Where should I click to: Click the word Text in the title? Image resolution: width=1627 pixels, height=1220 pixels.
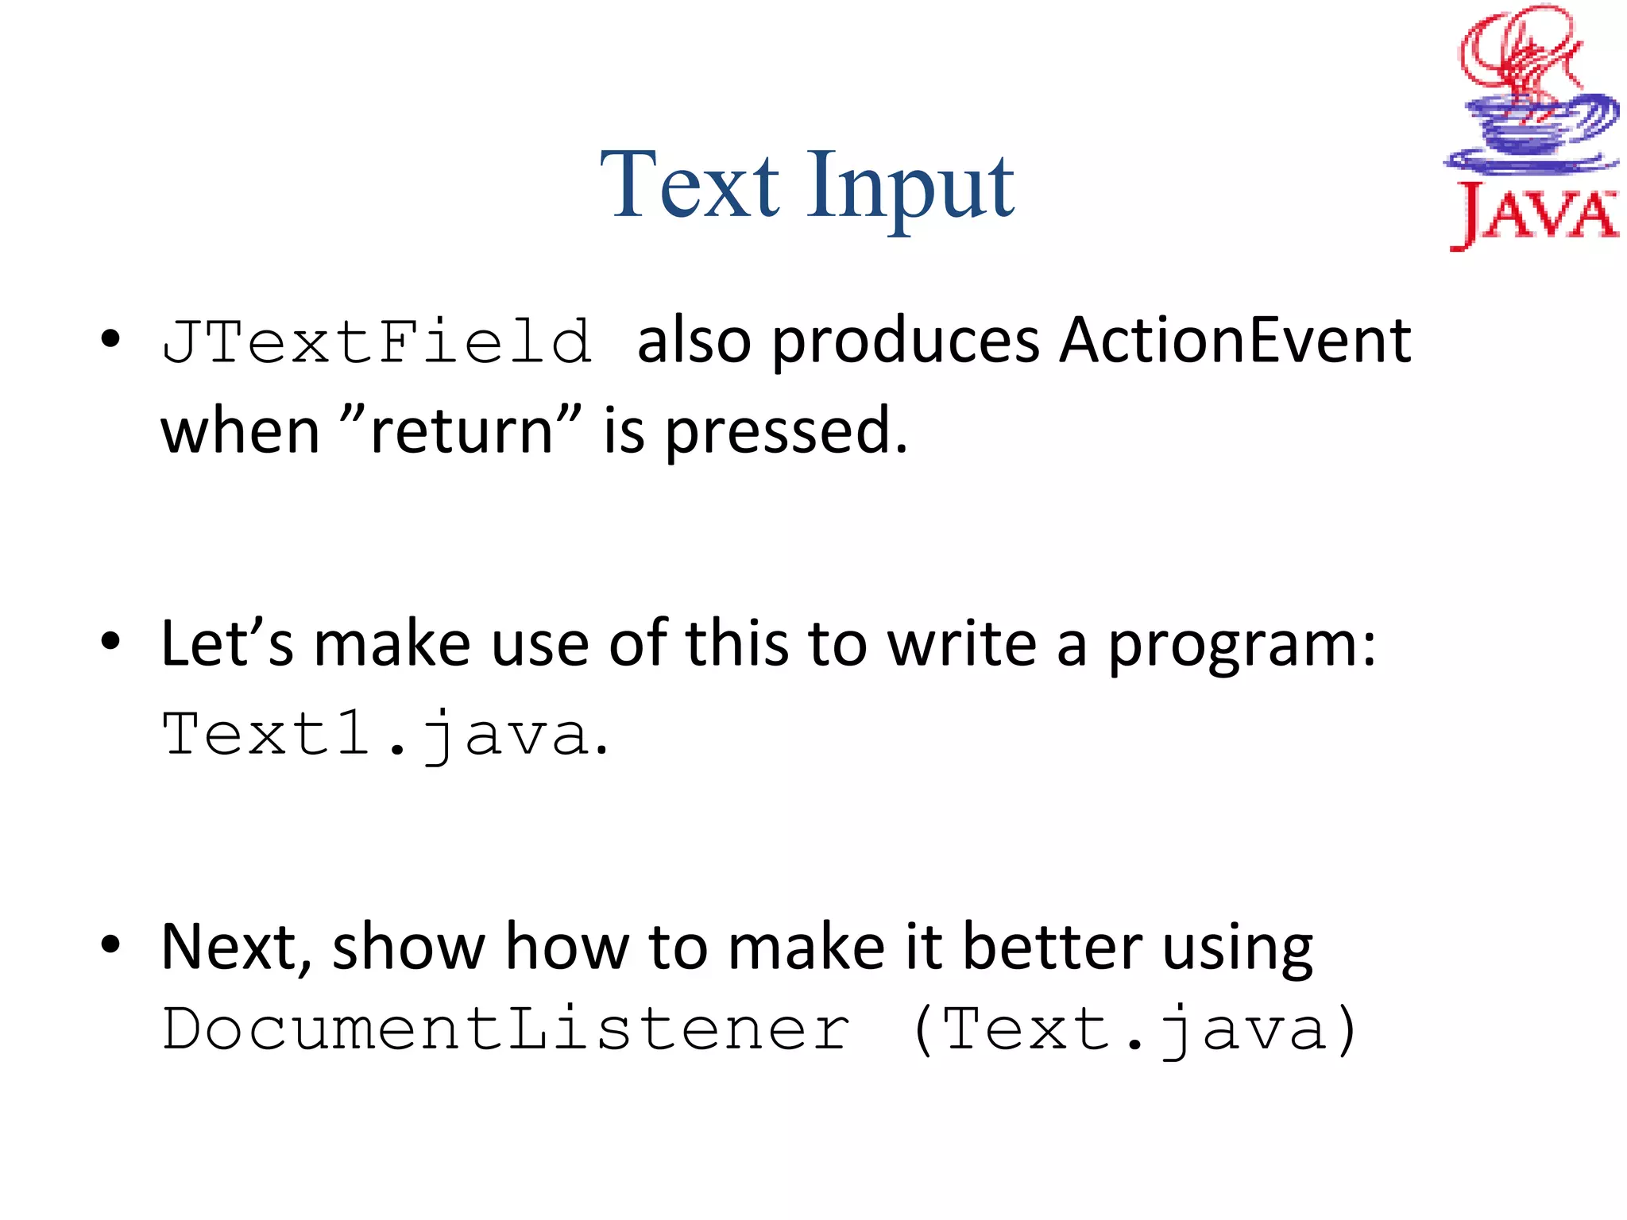pos(690,187)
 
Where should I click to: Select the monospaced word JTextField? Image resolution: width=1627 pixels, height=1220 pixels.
pos(377,342)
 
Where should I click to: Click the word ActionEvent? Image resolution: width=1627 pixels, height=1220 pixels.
pos(1235,342)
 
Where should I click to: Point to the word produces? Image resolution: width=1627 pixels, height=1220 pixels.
pos(905,343)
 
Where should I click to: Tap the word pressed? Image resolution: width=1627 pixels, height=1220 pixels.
pos(785,433)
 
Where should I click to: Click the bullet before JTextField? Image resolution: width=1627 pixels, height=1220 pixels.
pos(110,339)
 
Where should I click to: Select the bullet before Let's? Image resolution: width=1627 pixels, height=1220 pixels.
pos(110,641)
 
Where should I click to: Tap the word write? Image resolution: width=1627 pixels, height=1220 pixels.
pos(961,643)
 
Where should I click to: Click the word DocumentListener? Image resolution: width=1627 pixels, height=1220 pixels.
pos(505,1030)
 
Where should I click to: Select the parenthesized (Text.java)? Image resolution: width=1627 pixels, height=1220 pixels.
pos(1134,1030)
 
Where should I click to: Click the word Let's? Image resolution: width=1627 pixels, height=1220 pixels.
pos(227,643)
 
